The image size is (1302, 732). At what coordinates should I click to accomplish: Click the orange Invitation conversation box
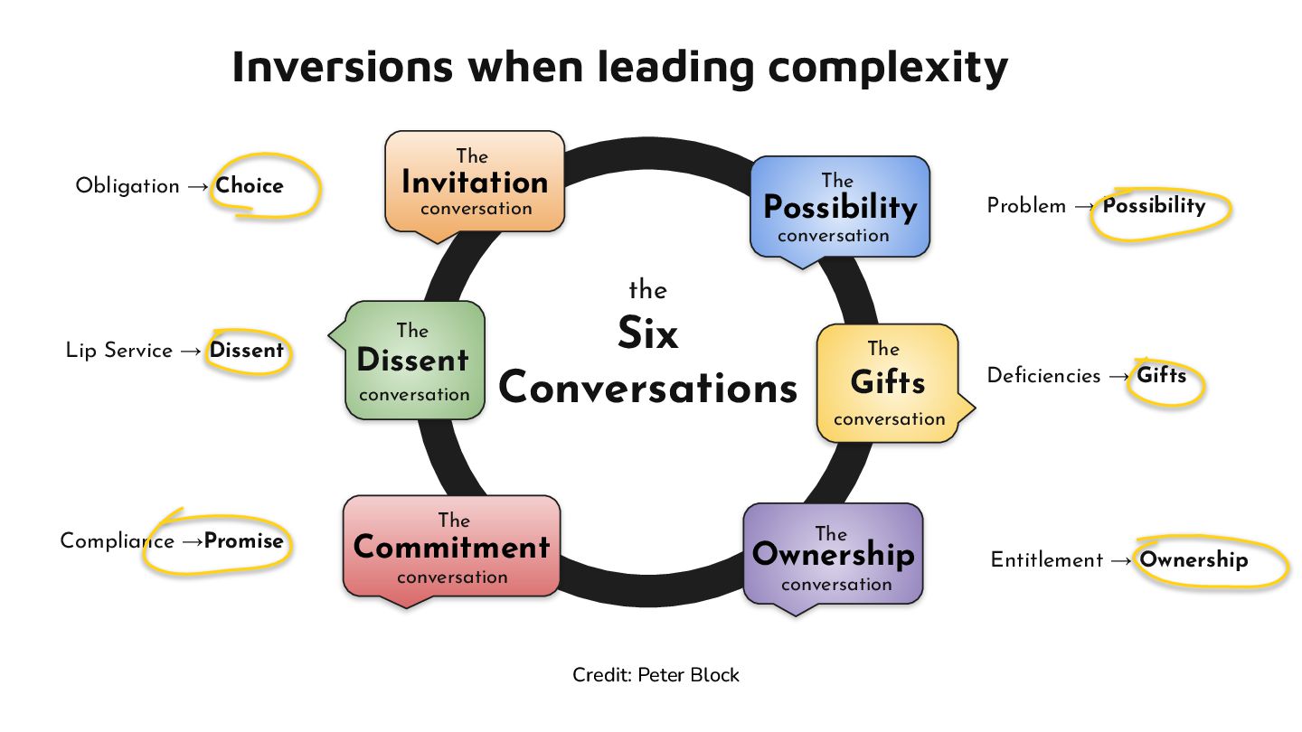tap(475, 183)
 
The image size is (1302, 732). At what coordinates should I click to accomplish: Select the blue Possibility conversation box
tap(839, 208)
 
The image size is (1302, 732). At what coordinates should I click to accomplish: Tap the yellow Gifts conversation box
tap(887, 383)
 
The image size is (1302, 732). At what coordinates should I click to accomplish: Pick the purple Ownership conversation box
tap(833, 556)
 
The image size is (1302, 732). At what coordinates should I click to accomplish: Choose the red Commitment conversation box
tap(451, 548)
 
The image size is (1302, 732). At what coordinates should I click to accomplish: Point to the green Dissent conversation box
tap(414, 361)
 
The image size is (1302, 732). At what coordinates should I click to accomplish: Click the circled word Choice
tap(250, 186)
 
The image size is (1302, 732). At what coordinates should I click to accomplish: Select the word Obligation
tap(127, 186)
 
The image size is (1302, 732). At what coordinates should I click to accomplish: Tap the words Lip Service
tap(118, 351)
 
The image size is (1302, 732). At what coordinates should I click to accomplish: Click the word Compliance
tap(117, 541)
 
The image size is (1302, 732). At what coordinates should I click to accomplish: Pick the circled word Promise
tap(244, 541)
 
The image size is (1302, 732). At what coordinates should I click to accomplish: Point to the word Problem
tap(1026, 206)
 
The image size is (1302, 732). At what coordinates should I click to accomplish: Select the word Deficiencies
tap(1043, 376)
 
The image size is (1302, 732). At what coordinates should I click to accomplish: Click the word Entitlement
tap(1046, 560)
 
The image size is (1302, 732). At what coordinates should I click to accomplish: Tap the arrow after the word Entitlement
tap(1121, 561)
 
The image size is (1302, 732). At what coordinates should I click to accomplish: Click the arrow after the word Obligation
tap(198, 187)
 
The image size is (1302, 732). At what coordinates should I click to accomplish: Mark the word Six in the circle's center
tap(647, 334)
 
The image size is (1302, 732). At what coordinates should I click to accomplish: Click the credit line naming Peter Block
tap(656, 675)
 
